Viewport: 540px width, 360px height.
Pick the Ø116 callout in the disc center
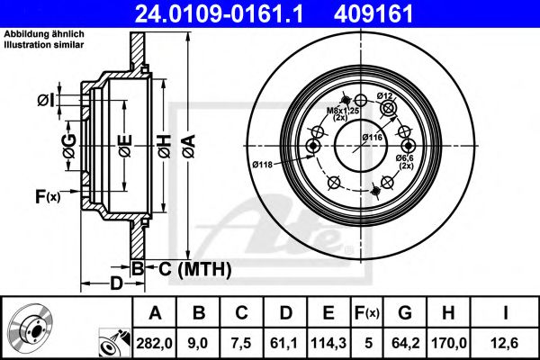(373, 136)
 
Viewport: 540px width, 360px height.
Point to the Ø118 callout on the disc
(263, 164)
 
